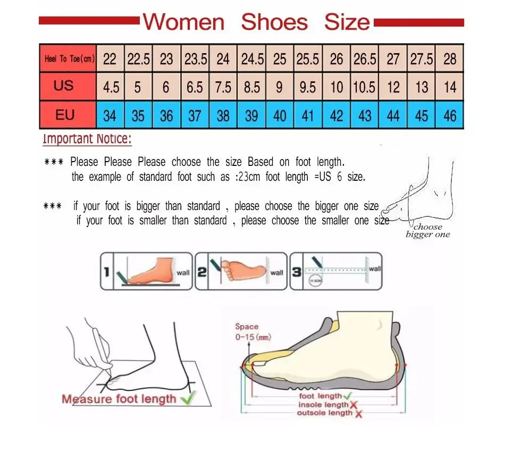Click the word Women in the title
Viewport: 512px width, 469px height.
pyautogui.click(x=184, y=22)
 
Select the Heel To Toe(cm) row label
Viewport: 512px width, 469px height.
pyautogui.click(x=69, y=59)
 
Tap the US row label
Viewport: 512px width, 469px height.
pyautogui.click(x=63, y=86)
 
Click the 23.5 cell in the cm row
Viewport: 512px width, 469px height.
pyautogui.click(x=195, y=59)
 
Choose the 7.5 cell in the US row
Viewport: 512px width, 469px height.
pyautogui.click(x=223, y=87)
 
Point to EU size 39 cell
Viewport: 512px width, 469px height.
pyautogui.click(x=251, y=115)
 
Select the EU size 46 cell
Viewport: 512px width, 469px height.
pyautogui.click(x=450, y=115)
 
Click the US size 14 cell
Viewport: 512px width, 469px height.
pyautogui.click(x=450, y=87)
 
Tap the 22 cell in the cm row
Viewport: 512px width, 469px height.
pyautogui.click(x=110, y=59)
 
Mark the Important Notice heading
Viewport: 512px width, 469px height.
pyautogui.click(x=87, y=139)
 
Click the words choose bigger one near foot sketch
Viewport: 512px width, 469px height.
pyautogui.click(x=427, y=231)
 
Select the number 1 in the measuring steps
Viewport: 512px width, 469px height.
pyautogui.click(x=106, y=272)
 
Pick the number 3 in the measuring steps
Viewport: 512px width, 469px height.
pyautogui.click(x=297, y=272)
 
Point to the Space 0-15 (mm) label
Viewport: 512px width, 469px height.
pyautogui.click(x=247, y=331)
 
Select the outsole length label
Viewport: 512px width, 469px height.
pyautogui.click(x=324, y=413)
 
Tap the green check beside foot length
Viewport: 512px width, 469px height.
pyautogui.click(x=348, y=396)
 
